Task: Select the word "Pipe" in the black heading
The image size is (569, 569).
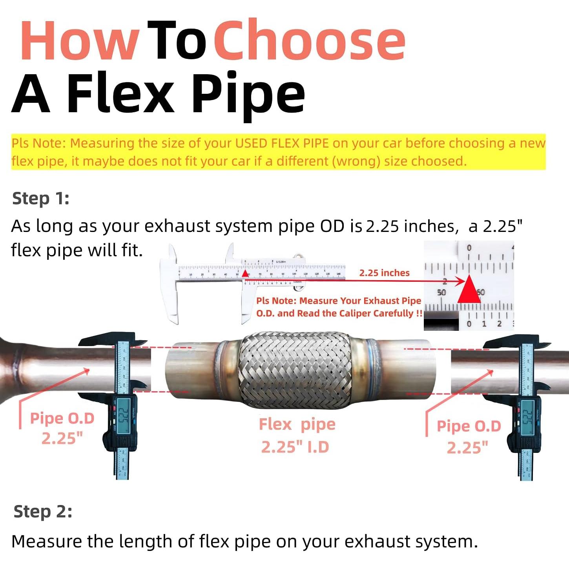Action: (x=248, y=94)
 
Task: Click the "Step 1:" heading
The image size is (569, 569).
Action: (x=40, y=198)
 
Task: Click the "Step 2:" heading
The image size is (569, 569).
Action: (x=43, y=512)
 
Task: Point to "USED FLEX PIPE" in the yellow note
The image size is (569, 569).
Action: (x=282, y=143)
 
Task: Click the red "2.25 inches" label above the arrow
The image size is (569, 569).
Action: (x=384, y=273)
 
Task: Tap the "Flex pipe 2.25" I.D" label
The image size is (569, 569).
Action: (x=296, y=436)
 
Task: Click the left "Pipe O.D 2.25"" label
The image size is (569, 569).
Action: (x=62, y=428)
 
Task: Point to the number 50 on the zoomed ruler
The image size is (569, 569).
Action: (x=441, y=292)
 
